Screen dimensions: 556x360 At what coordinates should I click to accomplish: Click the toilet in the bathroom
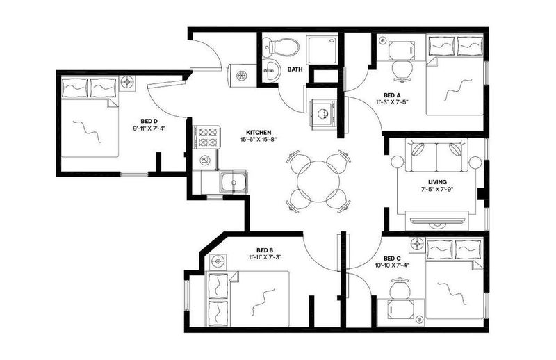(x=281, y=46)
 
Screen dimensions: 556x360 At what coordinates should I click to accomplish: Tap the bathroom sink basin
(x=272, y=69)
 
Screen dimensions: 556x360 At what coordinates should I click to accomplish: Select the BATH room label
(x=295, y=69)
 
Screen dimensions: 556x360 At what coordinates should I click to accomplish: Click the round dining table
(x=318, y=181)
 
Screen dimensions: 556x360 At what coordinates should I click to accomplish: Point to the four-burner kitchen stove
(x=206, y=138)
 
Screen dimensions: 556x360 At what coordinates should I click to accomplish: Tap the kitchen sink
(x=233, y=182)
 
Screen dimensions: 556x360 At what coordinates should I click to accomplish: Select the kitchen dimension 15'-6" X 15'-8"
(x=259, y=140)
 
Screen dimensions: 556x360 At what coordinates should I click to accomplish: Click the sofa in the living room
(x=436, y=155)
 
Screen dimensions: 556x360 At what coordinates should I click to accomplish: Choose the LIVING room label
(x=437, y=182)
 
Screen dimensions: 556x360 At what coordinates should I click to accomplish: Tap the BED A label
(x=392, y=95)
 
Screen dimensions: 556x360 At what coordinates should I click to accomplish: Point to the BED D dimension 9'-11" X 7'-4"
(x=149, y=128)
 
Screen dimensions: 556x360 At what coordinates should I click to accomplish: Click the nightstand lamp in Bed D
(x=126, y=83)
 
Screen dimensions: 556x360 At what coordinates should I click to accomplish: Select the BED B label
(x=265, y=250)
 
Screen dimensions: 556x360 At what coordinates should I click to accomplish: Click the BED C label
(x=392, y=259)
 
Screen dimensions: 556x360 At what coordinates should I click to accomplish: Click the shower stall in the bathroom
(x=322, y=49)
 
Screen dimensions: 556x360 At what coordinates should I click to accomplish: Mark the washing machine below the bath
(x=322, y=113)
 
